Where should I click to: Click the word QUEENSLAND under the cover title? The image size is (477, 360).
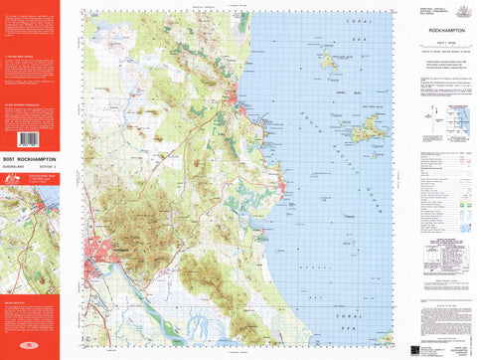[18, 165]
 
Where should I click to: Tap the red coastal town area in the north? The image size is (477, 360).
[239, 98]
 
